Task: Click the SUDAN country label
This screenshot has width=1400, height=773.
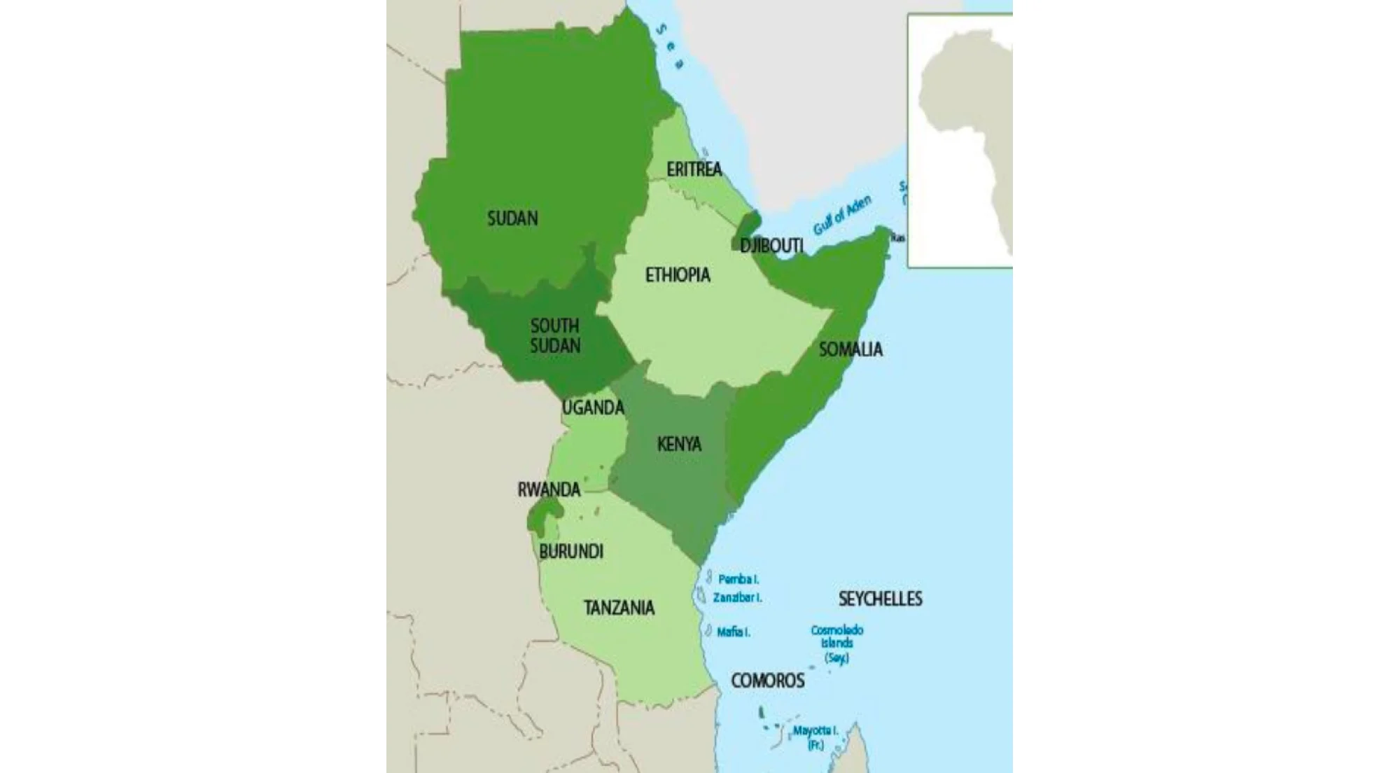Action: pyautogui.click(x=512, y=218)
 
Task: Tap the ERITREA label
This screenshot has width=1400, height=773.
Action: pyautogui.click(x=694, y=169)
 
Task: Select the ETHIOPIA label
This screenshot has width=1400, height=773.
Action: pyautogui.click(x=678, y=274)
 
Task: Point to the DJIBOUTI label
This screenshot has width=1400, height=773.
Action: pyautogui.click(x=771, y=246)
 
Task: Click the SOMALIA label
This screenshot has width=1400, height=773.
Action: pyautogui.click(x=850, y=349)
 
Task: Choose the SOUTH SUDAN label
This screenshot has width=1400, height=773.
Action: pyautogui.click(x=555, y=335)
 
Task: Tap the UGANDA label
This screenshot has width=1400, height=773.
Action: pyautogui.click(x=593, y=408)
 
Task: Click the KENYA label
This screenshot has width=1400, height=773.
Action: pyautogui.click(x=679, y=444)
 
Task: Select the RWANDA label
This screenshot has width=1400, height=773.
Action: pyautogui.click(x=549, y=489)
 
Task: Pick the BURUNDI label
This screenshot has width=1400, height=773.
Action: pyautogui.click(x=571, y=552)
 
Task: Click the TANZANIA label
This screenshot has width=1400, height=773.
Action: pyautogui.click(x=619, y=608)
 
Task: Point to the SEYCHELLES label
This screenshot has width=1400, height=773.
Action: pyautogui.click(x=880, y=599)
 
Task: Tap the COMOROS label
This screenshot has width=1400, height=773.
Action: pyautogui.click(x=767, y=681)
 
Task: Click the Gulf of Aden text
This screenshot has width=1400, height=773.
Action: pyautogui.click(x=842, y=216)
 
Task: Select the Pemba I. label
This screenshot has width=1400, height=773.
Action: pyautogui.click(x=738, y=580)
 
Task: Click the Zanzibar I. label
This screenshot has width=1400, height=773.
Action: pyautogui.click(x=737, y=598)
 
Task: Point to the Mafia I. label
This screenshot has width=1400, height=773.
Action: pyautogui.click(x=733, y=632)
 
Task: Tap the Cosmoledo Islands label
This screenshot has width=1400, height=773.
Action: pyautogui.click(x=836, y=643)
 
